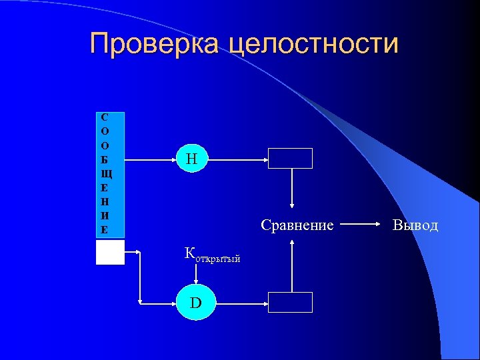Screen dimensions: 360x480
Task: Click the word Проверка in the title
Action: (155, 44)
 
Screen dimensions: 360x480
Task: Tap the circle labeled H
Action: (193, 159)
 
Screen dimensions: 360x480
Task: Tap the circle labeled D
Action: (195, 303)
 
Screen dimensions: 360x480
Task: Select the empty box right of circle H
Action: (290, 159)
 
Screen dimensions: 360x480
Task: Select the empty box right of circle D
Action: (290, 302)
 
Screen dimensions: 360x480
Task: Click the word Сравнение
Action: (297, 225)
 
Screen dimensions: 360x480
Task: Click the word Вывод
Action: (415, 225)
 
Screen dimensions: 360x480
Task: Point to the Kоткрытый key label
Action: (211, 254)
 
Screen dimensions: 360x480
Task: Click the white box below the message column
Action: (110, 253)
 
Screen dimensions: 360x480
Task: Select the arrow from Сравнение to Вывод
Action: (364, 225)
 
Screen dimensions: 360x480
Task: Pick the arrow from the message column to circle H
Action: (149, 159)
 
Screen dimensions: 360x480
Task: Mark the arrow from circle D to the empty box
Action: (240, 303)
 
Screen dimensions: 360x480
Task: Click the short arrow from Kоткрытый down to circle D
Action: (195, 273)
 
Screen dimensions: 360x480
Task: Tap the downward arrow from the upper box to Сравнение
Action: (291, 190)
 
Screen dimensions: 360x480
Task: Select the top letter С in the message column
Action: (105, 117)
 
